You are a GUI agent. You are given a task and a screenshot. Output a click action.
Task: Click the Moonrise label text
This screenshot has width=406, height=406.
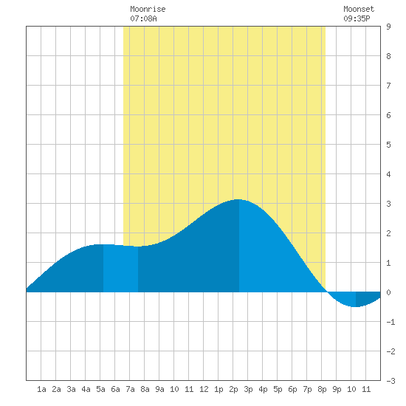click(148, 9)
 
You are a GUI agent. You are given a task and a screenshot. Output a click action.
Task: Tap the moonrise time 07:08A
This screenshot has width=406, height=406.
click(143, 18)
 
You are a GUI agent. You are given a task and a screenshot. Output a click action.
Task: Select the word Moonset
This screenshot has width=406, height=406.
click(359, 9)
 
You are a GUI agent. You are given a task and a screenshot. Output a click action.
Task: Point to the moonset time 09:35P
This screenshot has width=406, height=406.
click(357, 18)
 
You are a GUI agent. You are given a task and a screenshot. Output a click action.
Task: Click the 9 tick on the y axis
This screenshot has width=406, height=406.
click(388, 27)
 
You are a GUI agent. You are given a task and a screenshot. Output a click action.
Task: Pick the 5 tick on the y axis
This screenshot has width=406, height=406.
click(388, 145)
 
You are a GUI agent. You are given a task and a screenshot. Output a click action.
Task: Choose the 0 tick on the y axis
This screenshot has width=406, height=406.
click(388, 292)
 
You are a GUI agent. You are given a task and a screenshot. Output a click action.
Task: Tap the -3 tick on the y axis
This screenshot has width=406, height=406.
click(390, 381)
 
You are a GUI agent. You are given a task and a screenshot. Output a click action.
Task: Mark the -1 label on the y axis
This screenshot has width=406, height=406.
click(390, 322)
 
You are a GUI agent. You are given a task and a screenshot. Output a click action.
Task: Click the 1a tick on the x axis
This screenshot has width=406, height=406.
click(41, 389)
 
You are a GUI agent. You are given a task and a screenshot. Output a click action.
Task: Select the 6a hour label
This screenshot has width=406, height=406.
click(115, 389)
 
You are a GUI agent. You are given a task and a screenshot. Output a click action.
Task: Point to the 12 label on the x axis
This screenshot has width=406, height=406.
click(204, 389)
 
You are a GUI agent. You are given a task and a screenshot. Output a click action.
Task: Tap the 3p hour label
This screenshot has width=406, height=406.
click(248, 389)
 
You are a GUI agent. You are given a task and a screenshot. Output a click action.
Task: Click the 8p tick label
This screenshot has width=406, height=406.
click(322, 389)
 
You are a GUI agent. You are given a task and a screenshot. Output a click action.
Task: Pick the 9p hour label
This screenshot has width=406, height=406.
click(337, 389)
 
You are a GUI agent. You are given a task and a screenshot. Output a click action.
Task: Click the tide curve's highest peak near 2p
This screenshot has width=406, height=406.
click(238, 199)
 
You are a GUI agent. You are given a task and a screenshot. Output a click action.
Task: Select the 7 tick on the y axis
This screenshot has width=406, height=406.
click(388, 86)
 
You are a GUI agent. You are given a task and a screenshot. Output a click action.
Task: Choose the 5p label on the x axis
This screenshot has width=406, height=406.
click(278, 389)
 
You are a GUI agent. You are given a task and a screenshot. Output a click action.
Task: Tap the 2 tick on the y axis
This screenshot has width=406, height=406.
click(388, 233)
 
